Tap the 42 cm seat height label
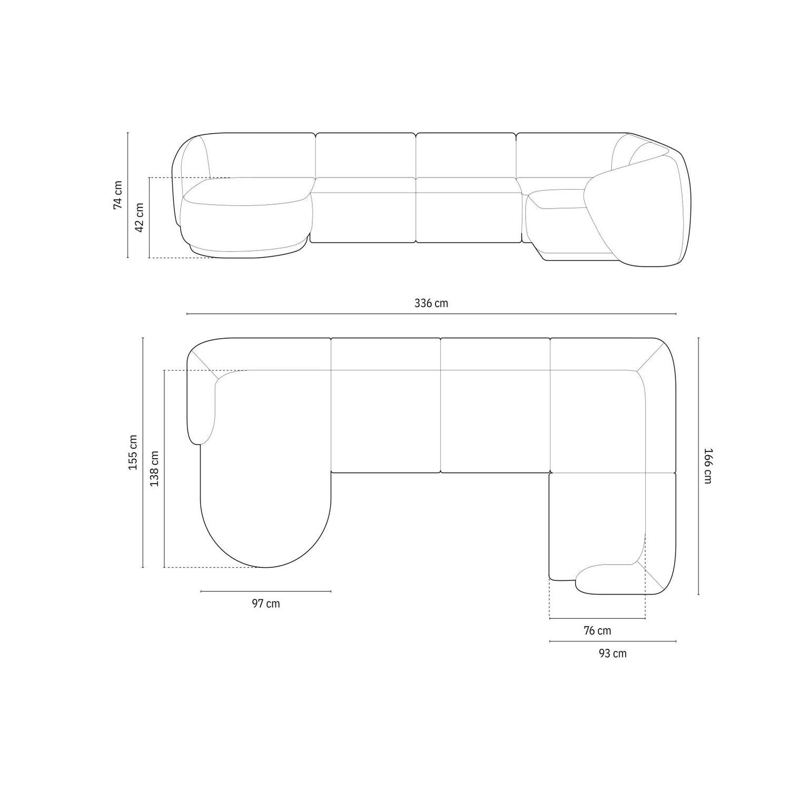tap(140, 217)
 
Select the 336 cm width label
tap(431, 303)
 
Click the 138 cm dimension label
tap(154, 469)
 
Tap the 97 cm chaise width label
tap(266, 604)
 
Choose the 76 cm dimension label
tap(597, 630)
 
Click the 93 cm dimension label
tap(613, 654)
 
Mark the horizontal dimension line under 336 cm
tap(431, 314)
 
